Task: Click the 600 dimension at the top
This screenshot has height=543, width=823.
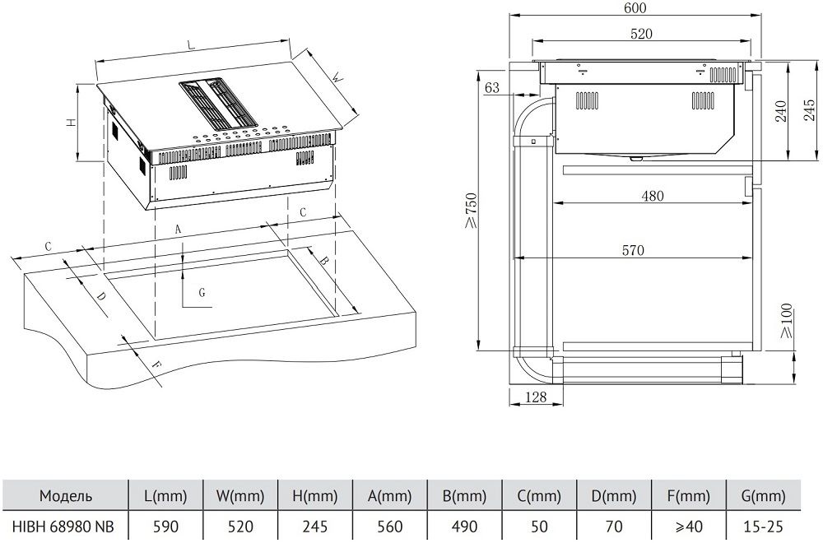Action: click(x=635, y=8)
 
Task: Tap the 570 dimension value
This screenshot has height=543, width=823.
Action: click(x=633, y=250)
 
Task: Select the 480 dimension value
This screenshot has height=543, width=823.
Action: click(x=653, y=196)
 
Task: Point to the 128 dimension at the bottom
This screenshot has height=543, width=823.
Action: click(x=536, y=397)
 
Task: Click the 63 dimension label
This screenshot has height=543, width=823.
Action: click(x=492, y=87)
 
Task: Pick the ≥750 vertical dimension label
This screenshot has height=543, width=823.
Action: click(x=471, y=211)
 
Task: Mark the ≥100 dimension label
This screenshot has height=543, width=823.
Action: click(x=786, y=321)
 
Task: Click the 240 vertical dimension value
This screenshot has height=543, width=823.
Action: click(x=781, y=111)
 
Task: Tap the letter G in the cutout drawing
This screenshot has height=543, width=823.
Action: click(x=202, y=292)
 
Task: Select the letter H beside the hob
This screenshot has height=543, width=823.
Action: click(x=72, y=123)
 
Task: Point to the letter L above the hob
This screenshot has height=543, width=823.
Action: click(x=192, y=46)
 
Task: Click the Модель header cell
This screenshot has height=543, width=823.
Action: click(x=66, y=495)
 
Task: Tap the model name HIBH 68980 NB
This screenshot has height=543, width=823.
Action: click(x=63, y=527)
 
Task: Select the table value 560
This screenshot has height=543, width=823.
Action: click(x=390, y=527)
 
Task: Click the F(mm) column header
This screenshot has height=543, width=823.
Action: click(x=689, y=495)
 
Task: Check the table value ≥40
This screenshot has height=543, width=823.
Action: click(x=689, y=527)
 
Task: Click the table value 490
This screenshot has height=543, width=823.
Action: click(x=464, y=527)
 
